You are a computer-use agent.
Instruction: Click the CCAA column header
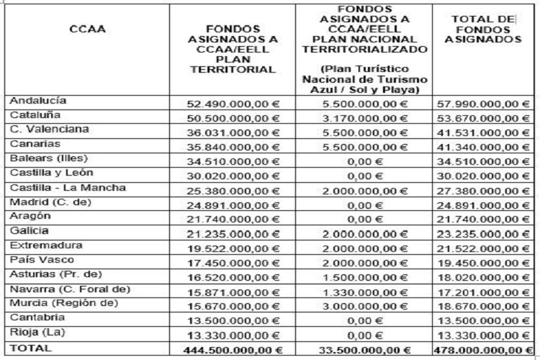(x=89, y=30)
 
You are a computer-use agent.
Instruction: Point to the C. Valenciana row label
(x=50, y=129)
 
